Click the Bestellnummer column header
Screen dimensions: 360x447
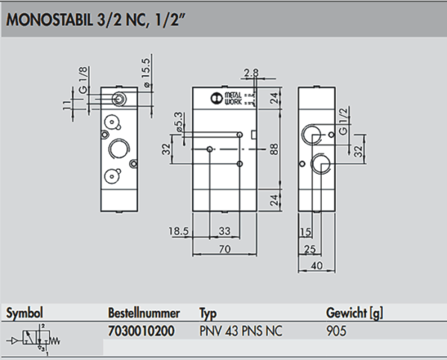(x=142, y=312)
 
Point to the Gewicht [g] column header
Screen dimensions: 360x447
(x=355, y=312)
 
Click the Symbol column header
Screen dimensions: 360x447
(x=25, y=312)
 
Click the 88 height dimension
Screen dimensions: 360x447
(x=273, y=148)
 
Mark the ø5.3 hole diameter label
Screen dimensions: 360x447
(x=178, y=123)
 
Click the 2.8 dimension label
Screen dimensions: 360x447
(x=250, y=72)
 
